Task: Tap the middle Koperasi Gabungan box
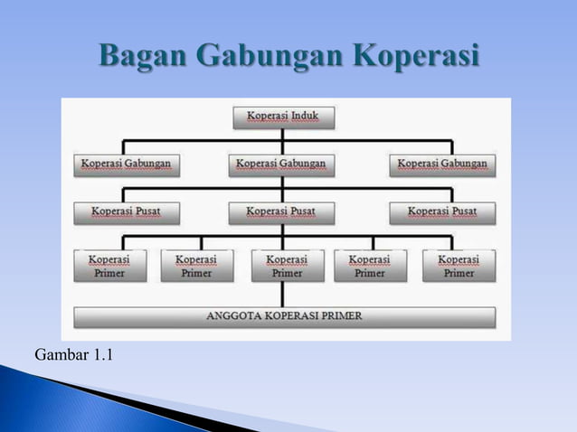284,165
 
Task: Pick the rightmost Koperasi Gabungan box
443,165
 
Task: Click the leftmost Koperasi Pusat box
126,213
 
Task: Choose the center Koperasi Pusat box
284,213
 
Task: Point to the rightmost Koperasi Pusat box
443,213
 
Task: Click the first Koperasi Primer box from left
108,266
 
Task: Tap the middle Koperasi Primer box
286,266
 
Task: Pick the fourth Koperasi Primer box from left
369,266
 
